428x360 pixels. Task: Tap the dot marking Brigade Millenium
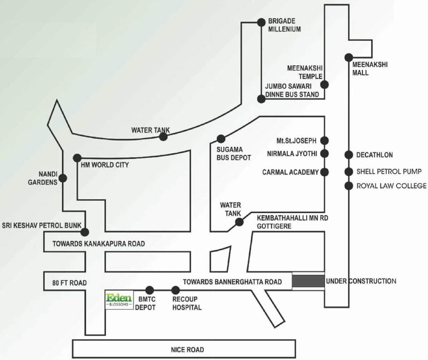click(262, 22)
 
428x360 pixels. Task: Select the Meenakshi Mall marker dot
click(348, 57)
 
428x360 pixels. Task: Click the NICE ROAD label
click(187, 350)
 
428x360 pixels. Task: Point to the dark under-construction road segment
click(308, 281)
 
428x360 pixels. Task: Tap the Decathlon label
click(375, 155)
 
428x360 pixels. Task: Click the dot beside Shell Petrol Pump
click(348, 172)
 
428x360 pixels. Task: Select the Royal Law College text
click(391, 186)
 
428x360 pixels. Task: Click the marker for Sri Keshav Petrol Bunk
click(85, 232)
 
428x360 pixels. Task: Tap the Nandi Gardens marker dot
click(63, 178)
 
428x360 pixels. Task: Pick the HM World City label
click(105, 165)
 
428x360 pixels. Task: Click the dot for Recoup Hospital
click(176, 290)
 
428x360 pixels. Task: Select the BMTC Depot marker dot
click(149, 290)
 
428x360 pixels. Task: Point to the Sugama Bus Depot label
click(234, 154)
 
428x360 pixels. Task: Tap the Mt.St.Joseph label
click(297, 141)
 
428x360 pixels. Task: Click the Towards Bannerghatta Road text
click(232, 282)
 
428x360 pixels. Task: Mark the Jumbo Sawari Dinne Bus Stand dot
click(262, 98)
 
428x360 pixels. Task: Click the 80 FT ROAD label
click(70, 283)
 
